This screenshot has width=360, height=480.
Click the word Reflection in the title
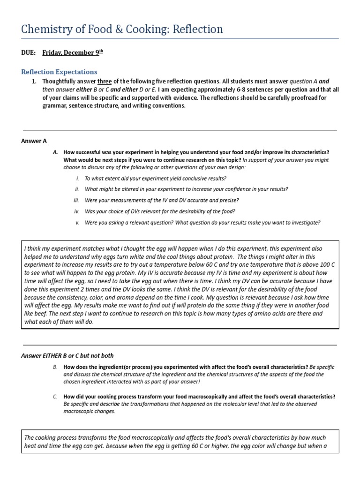(x=198, y=29)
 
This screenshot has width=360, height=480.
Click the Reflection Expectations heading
(x=59, y=72)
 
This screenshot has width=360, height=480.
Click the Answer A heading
(x=34, y=141)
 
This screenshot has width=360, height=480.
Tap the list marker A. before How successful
(x=55, y=152)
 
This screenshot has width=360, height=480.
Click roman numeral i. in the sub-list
(x=77, y=179)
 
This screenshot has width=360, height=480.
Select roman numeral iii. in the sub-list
(x=77, y=201)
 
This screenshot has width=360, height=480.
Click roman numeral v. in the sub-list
(x=77, y=223)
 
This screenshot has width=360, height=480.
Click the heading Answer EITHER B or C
(x=67, y=355)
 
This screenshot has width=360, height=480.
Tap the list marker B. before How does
(x=55, y=367)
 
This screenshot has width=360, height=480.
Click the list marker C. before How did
(x=55, y=397)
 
